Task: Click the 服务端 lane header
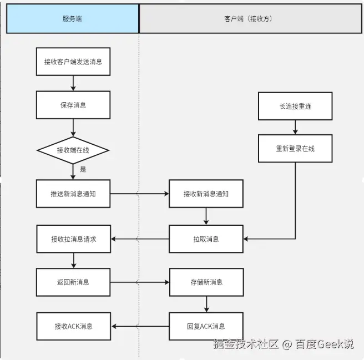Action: click(x=72, y=19)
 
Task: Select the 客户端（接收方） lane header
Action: click(x=251, y=19)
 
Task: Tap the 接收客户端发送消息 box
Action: click(x=73, y=62)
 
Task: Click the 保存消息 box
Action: click(x=73, y=105)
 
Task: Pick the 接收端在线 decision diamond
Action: click(x=73, y=150)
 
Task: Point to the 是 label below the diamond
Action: click(x=83, y=169)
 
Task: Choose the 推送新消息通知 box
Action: click(x=73, y=194)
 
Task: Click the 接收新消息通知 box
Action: click(x=206, y=194)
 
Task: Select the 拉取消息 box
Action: click(x=206, y=239)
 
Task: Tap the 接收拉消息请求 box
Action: click(x=73, y=239)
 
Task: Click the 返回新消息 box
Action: click(x=73, y=282)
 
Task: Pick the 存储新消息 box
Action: click(x=206, y=282)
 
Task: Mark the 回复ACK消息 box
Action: click(x=206, y=326)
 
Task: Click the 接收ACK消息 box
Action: click(x=73, y=326)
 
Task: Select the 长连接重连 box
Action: click(x=295, y=105)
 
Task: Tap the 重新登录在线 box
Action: click(x=295, y=149)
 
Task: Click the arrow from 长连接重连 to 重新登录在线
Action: click(x=295, y=127)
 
